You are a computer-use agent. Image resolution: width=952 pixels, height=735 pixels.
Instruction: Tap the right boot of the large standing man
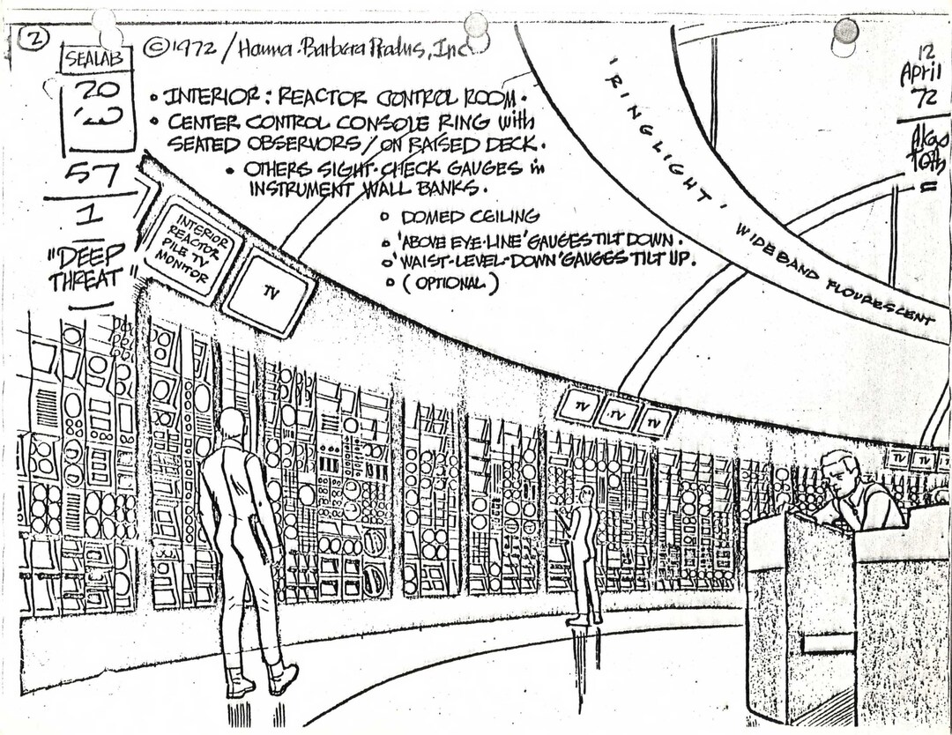283,679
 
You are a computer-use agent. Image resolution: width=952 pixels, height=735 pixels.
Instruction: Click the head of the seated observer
838,472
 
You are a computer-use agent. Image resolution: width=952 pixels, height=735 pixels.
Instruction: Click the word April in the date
920,74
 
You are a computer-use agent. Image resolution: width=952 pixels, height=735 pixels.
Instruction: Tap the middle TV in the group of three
617,413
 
